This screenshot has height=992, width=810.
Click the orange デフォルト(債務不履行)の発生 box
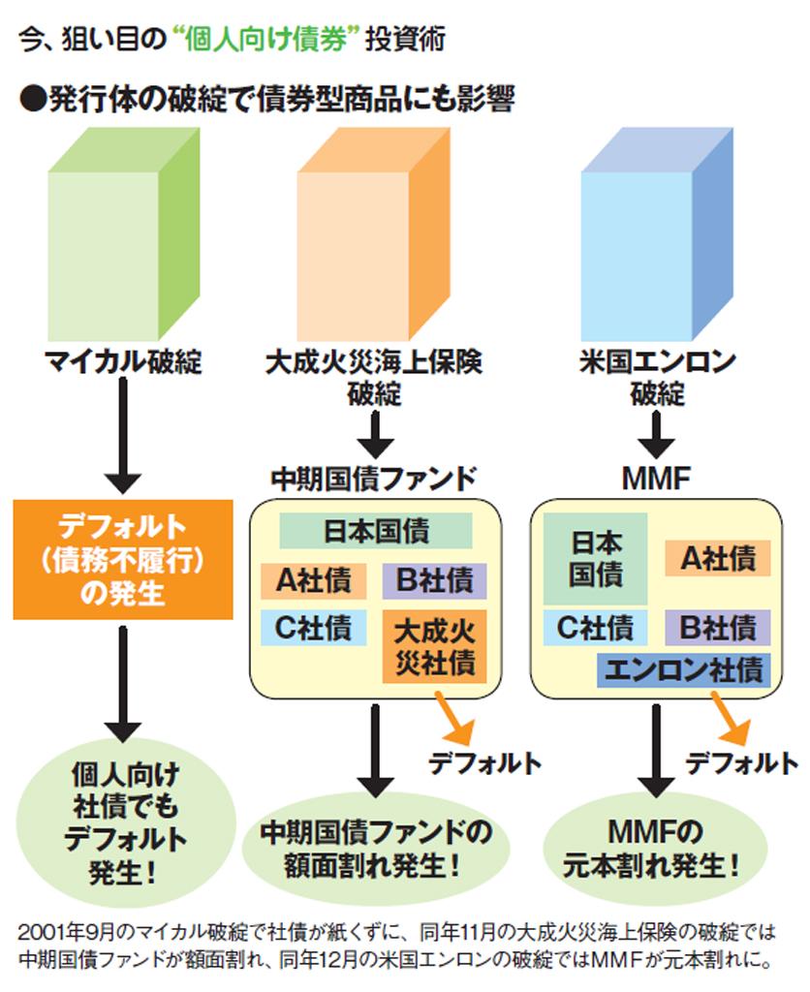tap(123, 559)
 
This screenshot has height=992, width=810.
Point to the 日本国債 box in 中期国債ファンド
tap(376, 532)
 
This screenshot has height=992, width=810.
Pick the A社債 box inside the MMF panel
tap(717, 558)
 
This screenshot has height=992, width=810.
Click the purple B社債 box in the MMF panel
tap(717, 627)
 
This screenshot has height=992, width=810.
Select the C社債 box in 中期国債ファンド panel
tap(313, 628)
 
